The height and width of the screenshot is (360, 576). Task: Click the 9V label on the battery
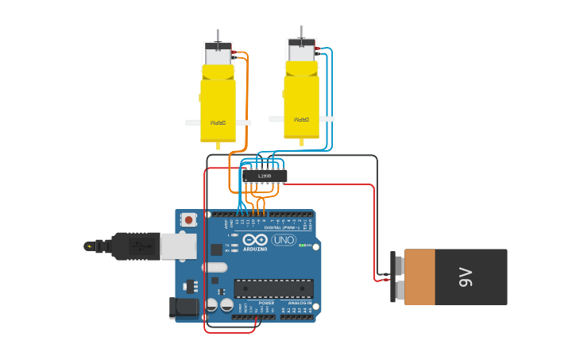(466, 277)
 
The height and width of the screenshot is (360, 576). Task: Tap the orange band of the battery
(419, 277)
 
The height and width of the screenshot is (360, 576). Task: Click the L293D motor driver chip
(265, 175)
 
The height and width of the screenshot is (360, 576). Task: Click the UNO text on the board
(284, 240)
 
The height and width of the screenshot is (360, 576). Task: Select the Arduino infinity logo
(256, 240)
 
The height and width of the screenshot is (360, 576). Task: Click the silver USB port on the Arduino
(178, 246)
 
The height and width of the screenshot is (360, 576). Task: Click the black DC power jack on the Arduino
(184, 308)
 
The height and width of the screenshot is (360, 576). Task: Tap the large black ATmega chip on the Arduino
(273, 288)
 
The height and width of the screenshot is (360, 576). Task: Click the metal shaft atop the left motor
(218, 36)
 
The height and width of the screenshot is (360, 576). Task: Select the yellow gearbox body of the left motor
(217, 107)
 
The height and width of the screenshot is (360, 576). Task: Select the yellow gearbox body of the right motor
(301, 103)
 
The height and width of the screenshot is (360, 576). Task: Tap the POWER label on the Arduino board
(266, 303)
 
